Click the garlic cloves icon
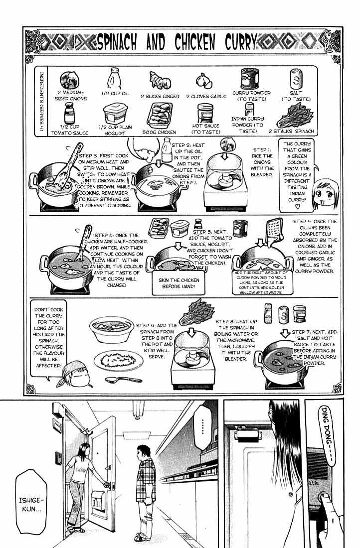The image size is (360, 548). [203, 80]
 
